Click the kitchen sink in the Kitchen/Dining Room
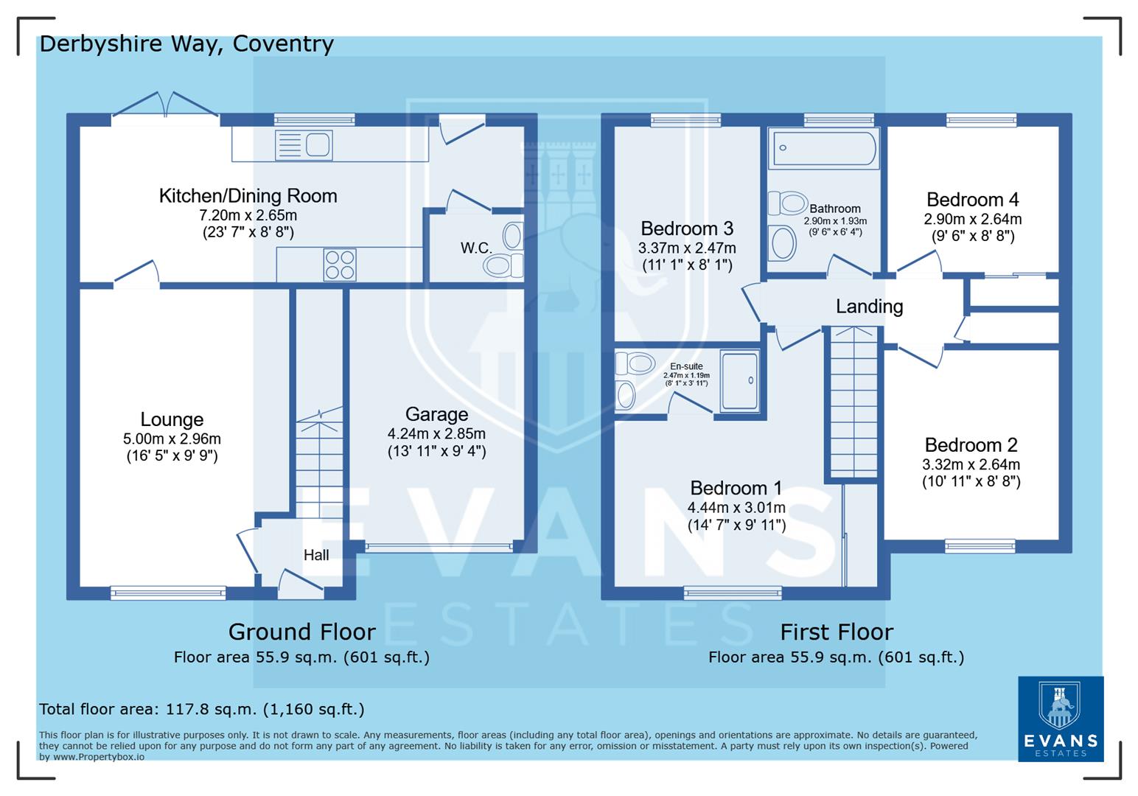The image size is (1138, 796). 304,144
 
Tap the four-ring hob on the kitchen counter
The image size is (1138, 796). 340,265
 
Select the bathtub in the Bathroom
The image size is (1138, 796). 823,148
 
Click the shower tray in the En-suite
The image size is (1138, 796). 739,381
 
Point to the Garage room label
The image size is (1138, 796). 436,415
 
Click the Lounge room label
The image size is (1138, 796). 172,419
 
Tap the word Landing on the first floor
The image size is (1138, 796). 869,306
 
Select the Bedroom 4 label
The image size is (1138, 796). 972,200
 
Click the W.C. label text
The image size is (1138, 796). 476,248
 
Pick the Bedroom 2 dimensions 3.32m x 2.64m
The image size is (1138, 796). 971,464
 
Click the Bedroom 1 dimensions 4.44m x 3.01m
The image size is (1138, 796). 736,507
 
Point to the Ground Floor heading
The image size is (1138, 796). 301,632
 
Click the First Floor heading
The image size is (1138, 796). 836,632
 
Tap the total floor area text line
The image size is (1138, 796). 201,709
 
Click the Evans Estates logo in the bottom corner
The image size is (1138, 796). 1061,719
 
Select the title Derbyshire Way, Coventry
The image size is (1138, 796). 186,44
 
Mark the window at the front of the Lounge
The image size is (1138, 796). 168,591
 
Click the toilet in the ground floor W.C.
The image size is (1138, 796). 504,265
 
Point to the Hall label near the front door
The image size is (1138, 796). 316,555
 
